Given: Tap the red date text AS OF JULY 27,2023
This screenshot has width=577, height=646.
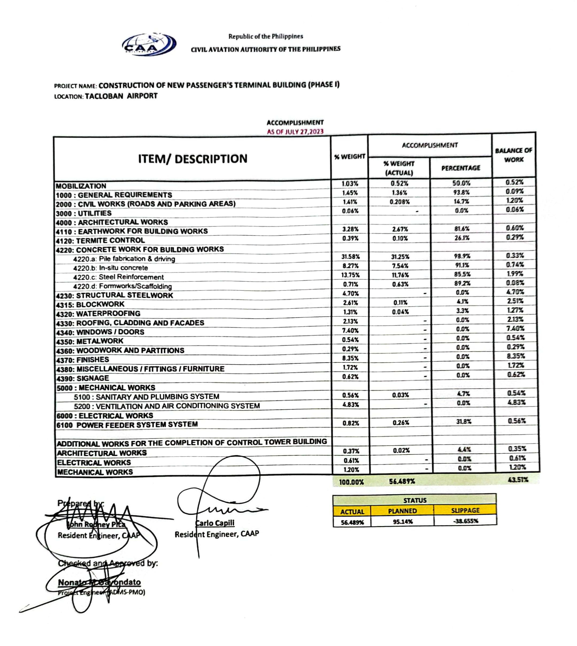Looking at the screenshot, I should click(295, 131).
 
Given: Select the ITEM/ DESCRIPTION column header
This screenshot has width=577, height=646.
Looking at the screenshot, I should click(193, 159).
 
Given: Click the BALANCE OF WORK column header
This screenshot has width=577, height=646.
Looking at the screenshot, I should click(514, 155).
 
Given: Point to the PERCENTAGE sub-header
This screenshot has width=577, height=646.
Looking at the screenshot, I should click(461, 168).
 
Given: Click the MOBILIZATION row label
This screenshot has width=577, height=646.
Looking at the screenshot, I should click(81, 186).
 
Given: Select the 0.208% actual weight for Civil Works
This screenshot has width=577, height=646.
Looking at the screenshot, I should click(400, 202).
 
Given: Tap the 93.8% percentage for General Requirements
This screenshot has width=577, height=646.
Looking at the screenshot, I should click(461, 192).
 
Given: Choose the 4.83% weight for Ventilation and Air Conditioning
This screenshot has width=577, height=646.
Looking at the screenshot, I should click(351, 405).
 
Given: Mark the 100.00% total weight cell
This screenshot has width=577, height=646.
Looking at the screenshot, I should click(351, 482).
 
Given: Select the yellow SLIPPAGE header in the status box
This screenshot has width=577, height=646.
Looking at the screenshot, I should click(465, 510).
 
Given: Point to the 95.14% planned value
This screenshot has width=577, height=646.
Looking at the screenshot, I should click(403, 521).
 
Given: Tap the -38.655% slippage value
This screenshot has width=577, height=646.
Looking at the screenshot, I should click(465, 521).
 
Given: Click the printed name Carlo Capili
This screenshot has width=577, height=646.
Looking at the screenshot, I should click(215, 523).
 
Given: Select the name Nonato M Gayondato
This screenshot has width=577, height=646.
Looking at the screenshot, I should click(99, 582).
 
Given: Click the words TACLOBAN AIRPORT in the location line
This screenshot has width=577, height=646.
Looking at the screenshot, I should click(121, 96).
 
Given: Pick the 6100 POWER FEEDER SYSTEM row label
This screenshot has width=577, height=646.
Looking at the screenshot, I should click(127, 425).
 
